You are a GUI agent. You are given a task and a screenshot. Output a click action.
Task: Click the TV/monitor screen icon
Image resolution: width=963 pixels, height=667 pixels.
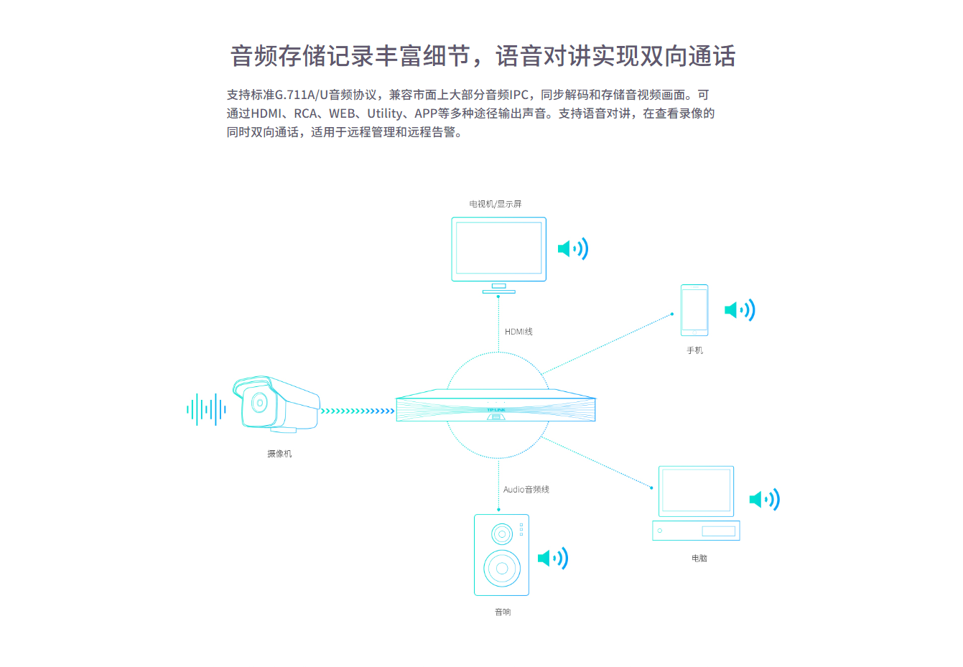(498, 255)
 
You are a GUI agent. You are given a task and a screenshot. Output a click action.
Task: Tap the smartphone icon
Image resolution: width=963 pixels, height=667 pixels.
(694, 310)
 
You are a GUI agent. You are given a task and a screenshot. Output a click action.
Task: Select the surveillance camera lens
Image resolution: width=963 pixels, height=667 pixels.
(259, 403)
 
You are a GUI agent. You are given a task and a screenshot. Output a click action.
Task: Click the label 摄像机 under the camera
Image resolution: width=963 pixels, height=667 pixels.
(279, 454)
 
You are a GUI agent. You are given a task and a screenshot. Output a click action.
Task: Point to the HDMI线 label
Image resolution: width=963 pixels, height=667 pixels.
(518, 332)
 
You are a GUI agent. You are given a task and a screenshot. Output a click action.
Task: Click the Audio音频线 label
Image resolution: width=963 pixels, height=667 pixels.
(526, 489)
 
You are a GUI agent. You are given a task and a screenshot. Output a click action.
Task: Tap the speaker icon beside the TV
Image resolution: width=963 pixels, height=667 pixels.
(573, 248)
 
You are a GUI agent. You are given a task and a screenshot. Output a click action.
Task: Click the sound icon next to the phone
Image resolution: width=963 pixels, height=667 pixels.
(740, 310)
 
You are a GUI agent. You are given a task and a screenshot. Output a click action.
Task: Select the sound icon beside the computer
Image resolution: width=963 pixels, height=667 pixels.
(764, 500)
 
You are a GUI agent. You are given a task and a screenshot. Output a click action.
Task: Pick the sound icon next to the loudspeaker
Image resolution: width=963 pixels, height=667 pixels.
(553, 559)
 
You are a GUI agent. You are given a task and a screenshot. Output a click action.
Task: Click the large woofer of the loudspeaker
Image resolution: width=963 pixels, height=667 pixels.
(502, 568)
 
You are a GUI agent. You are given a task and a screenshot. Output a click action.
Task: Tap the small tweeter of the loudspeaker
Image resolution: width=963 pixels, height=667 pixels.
(502, 534)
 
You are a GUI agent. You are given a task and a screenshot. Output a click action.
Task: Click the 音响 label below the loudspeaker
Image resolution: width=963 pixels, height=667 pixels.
(503, 612)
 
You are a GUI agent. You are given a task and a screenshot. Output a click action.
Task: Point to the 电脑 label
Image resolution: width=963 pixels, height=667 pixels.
(699, 559)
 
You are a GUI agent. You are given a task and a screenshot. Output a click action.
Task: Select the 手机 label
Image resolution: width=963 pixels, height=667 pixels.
(694, 350)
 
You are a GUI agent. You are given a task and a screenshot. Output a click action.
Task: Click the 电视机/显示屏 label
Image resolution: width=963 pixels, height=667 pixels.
(496, 204)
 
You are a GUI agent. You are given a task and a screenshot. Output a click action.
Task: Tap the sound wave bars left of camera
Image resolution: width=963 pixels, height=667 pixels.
(206, 409)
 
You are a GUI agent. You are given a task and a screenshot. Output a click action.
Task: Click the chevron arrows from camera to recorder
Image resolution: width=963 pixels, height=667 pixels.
(358, 411)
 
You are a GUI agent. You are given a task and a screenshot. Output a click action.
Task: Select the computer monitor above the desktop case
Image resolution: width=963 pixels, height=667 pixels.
(696, 491)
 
